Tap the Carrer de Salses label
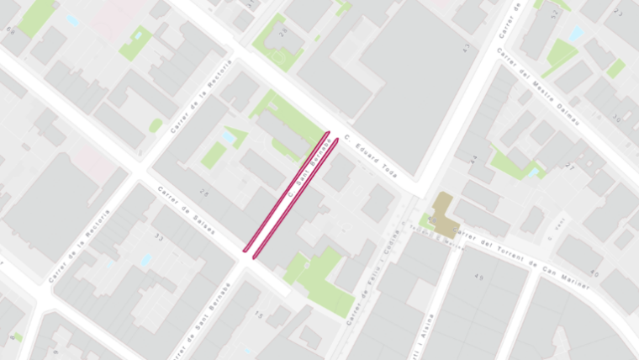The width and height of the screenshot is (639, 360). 187,209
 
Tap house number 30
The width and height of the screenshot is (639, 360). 615,117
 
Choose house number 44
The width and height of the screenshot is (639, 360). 473,158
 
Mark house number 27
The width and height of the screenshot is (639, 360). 569,167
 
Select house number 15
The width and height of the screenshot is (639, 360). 258,315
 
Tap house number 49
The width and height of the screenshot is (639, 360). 480,277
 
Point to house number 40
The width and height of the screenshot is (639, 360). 594,273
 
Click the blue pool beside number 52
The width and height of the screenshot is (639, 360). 576,34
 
